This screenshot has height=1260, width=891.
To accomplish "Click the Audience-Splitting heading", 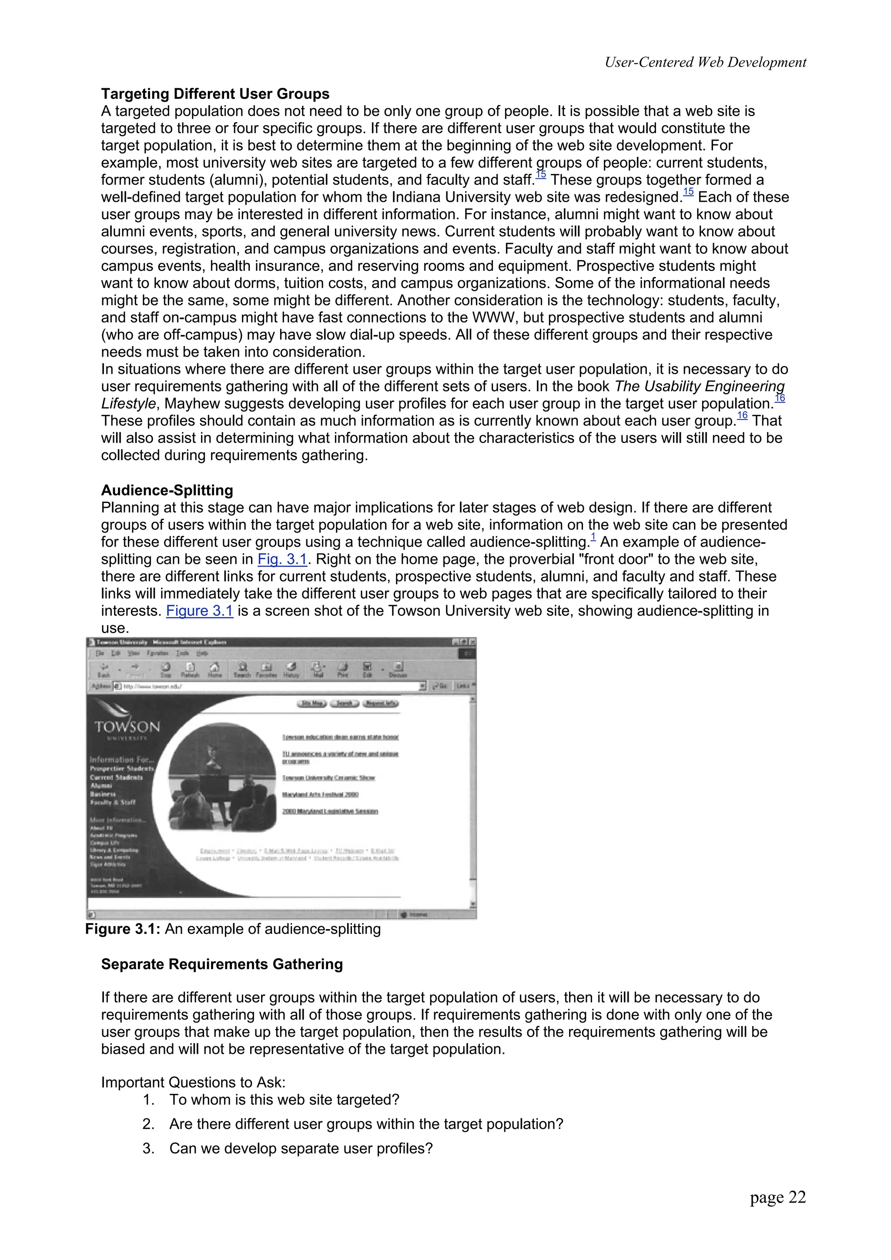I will [x=167, y=490].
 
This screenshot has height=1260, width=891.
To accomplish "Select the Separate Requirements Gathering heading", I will [x=222, y=964].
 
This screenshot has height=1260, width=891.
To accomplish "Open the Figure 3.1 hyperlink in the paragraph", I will [x=199, y=611].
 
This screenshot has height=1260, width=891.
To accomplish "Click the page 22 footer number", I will [x=777, y=1197].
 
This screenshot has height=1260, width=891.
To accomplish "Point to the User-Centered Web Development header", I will [x=705, y=62].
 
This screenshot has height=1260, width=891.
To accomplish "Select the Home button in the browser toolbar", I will [x=214, y=670].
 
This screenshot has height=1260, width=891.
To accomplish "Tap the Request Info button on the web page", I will [x=380, y=703].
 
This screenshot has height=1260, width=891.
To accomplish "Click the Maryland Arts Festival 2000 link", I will [x=320, y=795].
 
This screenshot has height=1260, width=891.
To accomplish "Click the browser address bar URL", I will [x=154, y=686].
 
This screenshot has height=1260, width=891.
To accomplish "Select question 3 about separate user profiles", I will [x=300, y=1148].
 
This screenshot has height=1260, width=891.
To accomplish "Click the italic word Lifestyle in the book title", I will [x=128, y=403].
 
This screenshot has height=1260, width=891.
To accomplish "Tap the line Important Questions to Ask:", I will [x=193, y=1082].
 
